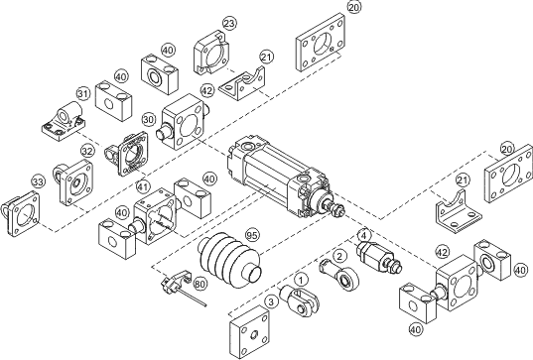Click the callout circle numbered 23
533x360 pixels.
[229, 23]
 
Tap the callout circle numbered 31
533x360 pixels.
[84, 95]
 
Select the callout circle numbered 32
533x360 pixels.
[87, 152]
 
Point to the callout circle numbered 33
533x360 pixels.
[38, 181]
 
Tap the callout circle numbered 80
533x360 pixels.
[201, 283]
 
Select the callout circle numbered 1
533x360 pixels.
[301, 281]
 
